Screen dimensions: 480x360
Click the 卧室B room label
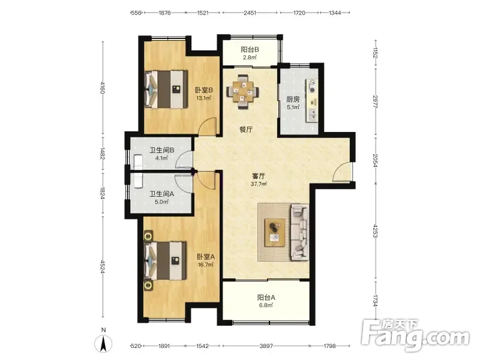pos(204,90)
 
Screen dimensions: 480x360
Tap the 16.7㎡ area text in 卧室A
pos(205,265)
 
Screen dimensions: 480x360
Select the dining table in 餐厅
pos(243,91)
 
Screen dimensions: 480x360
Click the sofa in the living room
pos(299,232)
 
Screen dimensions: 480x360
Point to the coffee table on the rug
pos(275,232)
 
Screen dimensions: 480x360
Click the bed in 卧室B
pos(166,89)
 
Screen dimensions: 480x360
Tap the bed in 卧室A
pos(166,260)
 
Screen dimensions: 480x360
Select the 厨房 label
pos(293,99)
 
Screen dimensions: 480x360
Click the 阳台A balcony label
pos(266,297)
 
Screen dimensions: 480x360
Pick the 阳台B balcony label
pos(250,49)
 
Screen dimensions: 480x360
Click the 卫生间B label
pos(161,151)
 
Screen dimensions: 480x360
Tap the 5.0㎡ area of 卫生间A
pos(161,202)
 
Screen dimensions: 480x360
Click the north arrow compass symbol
pos(103,343)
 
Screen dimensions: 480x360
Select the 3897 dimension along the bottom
pos(266,346)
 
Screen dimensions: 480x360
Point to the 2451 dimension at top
pos(250,13)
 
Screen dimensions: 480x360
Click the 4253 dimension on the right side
pos(376,231)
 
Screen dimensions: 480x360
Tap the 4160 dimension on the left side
pos(103,87)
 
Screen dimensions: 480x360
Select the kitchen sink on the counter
pos(313,114)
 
